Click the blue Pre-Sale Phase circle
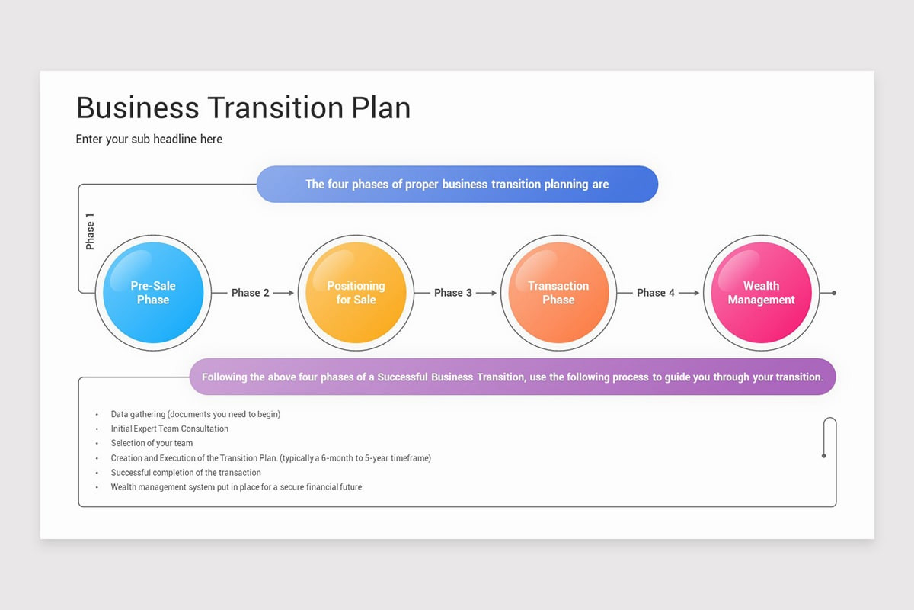153,293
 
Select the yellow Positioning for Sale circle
356,293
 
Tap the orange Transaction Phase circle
558,293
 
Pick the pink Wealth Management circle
761,293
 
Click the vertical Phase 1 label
91,231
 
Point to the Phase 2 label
251,293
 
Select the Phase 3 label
453,293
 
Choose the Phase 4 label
656,293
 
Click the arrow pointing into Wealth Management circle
690,293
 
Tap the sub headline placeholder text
149,139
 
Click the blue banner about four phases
457,185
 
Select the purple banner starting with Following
512,377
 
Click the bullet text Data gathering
196,414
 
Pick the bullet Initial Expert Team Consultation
170,429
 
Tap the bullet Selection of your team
152,443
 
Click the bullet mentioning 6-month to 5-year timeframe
270,458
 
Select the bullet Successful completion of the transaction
186,473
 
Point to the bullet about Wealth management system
236,487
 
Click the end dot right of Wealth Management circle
834,293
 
